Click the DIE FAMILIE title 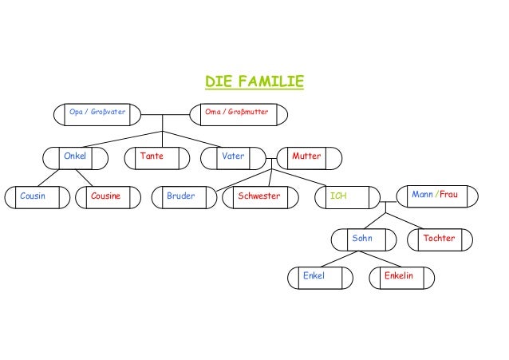click(254, 82)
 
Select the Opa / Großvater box click(97, 114)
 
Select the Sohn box click(363, 239)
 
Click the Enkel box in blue click(320, 277)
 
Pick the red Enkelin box click(401, 277)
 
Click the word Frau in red click(448, 195)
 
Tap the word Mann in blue click(423, 195)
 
